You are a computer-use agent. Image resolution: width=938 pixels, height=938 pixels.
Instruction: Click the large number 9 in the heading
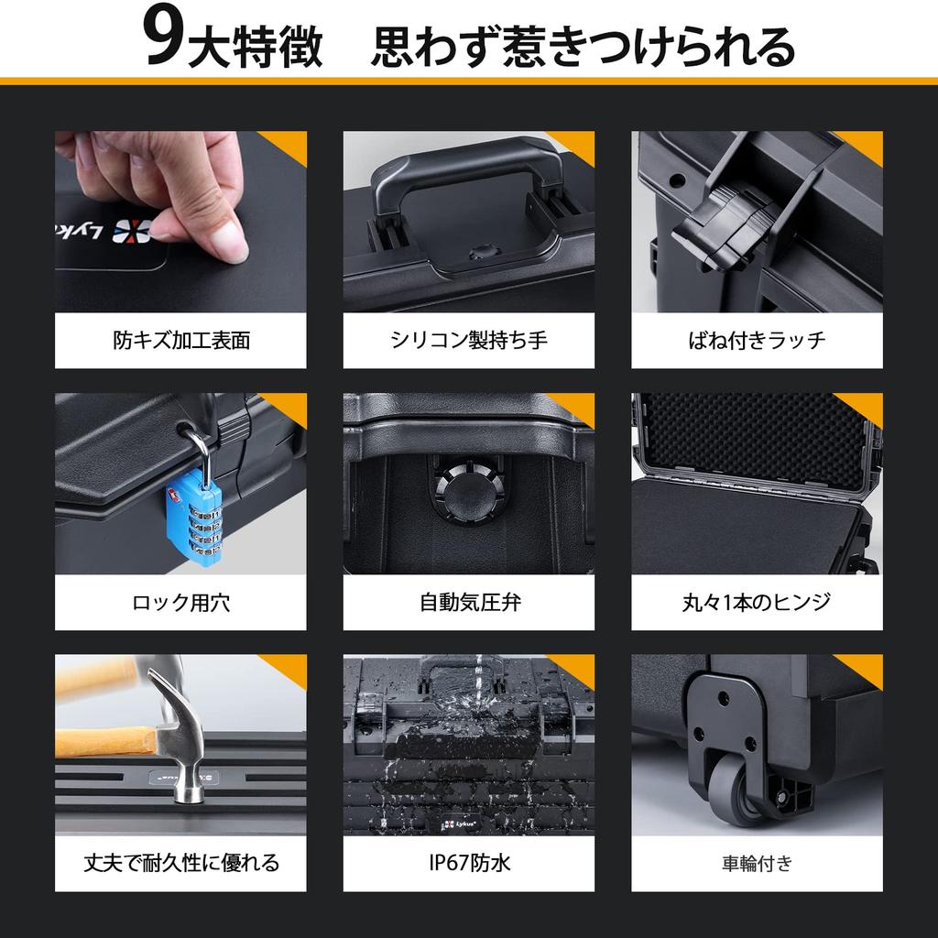[163, 38]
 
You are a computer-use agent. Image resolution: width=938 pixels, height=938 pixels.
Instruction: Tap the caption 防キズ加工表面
[180, 341]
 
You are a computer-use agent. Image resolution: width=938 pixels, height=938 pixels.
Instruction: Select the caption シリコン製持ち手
[468, 341]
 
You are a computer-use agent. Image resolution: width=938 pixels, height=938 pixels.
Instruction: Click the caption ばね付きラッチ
[757, 341]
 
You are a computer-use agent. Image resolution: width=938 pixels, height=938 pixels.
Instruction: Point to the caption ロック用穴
[180, 603]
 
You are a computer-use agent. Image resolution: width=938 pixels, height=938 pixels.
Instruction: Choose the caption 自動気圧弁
[470, 603]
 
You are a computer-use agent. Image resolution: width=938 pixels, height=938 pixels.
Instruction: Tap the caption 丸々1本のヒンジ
[757, 603]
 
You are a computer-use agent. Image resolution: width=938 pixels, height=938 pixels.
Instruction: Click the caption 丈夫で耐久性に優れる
[180, 863]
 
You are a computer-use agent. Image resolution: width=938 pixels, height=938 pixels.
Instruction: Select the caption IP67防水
[470, 863]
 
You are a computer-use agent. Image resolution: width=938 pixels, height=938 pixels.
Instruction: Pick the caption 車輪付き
[757, 863]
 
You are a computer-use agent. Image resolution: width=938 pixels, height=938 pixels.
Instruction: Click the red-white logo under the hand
[132, 232]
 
